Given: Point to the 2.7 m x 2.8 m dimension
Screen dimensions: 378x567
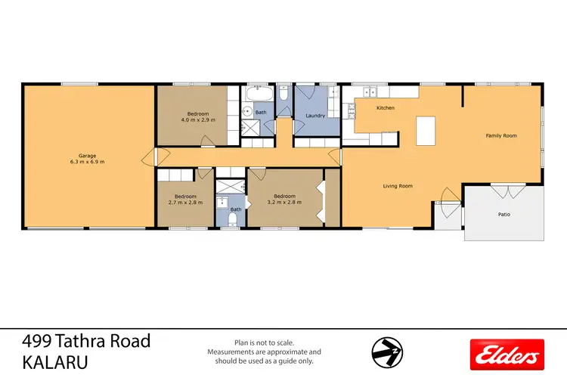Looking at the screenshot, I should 180,203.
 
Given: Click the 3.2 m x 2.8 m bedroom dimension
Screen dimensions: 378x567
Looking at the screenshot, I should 284,203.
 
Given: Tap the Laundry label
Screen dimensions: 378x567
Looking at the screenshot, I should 315,116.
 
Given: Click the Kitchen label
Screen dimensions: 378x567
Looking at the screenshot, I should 386,108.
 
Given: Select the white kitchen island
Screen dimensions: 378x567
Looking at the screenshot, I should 427,130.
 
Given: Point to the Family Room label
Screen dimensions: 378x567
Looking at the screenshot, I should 500,135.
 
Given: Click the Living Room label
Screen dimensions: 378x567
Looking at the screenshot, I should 397,186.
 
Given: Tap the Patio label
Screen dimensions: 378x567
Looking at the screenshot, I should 503,215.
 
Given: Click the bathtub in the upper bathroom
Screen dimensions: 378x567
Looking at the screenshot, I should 259,95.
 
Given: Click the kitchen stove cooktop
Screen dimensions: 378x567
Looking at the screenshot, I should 350,113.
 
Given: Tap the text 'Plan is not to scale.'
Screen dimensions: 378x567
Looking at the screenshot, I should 264,342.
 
